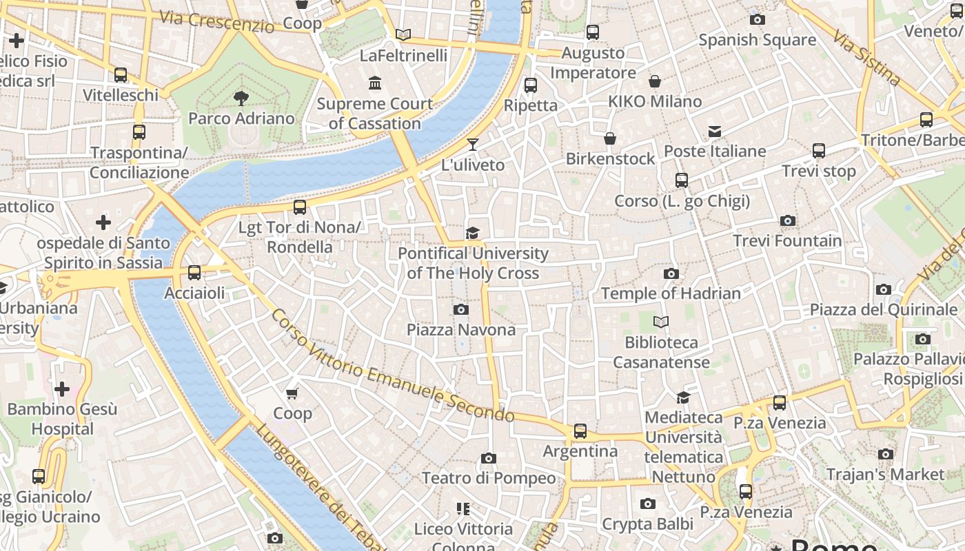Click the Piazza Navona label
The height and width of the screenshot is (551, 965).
(461, 330)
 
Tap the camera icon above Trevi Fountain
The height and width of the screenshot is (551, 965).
(788, 221)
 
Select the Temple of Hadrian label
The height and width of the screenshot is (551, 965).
(671, 293)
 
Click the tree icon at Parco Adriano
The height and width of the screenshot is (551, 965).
(241, 98)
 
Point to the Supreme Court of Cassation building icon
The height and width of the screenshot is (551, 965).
(376, 83)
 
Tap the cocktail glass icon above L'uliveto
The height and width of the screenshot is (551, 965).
(473, 145)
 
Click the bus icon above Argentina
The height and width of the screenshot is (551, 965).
(580, 431)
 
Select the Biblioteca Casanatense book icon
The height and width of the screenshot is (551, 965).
(661, 322)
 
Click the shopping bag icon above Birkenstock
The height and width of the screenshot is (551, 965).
(610, 139)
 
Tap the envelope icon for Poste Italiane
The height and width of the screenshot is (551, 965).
(715, 132)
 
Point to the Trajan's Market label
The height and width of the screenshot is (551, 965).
(885, 475)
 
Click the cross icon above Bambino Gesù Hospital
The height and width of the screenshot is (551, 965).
(62, 390)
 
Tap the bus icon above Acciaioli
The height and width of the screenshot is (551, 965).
(194, 273)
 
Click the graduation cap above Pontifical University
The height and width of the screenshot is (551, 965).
(472, 233)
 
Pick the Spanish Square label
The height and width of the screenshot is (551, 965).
(758, 40)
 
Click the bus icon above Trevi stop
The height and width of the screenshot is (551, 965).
(819, 151)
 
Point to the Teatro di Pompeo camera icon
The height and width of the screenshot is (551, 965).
(489, 458)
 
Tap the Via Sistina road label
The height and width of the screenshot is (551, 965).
(866, 58)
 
